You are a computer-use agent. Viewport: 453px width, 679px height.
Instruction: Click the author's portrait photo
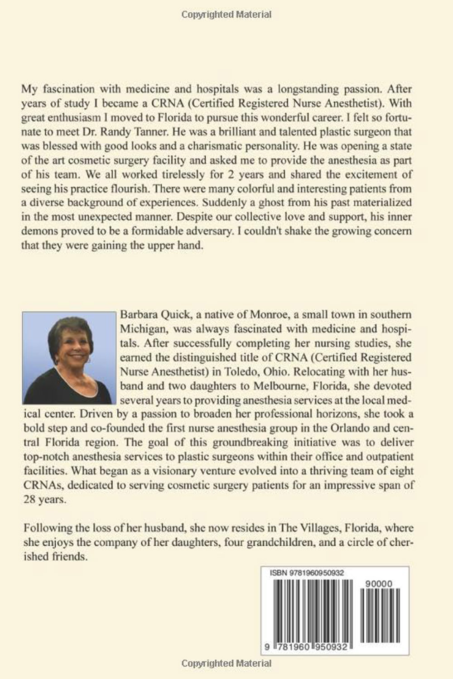tap(68, 357)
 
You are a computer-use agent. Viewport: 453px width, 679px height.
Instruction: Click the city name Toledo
tap(249, 371)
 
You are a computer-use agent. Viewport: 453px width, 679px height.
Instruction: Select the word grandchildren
tap(280, 542)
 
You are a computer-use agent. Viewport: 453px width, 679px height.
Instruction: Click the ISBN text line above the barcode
tap(307, 573)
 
